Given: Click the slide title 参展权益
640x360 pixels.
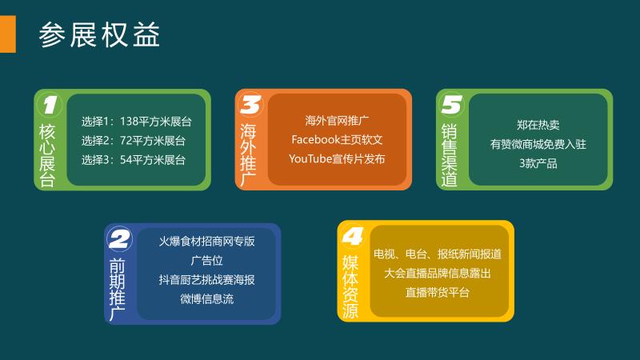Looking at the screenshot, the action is [99, 34].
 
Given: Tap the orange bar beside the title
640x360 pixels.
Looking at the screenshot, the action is [8, 34].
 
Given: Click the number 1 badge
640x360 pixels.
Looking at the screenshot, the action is [50, 105].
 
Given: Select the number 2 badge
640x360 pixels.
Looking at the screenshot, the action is [119, 238].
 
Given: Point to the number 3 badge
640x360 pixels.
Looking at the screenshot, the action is [250, 105].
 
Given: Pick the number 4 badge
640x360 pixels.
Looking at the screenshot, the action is [353, 236].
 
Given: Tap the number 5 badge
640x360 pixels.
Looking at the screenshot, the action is [451, 105].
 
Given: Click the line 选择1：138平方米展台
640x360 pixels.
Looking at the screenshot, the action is [136, 122].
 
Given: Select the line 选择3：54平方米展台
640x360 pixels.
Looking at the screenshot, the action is [133, 159].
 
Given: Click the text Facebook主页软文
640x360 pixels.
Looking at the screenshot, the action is [337, 139].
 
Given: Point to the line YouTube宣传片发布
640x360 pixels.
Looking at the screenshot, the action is [337, 158].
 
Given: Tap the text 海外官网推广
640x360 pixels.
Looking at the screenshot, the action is [337, 121].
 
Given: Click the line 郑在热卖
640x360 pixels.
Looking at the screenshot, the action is [538, 125].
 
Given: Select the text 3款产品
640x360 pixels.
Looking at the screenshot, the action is [538, 163].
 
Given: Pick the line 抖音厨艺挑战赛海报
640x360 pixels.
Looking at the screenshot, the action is [206, 279].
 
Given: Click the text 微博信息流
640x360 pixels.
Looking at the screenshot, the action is [206, 298].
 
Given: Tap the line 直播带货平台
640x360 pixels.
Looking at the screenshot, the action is [437, 292].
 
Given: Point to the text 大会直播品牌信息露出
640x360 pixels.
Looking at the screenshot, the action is [437, 273].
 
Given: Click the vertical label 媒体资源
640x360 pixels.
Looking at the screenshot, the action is [350, 287].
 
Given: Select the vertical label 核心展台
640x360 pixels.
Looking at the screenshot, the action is [47, 155].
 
